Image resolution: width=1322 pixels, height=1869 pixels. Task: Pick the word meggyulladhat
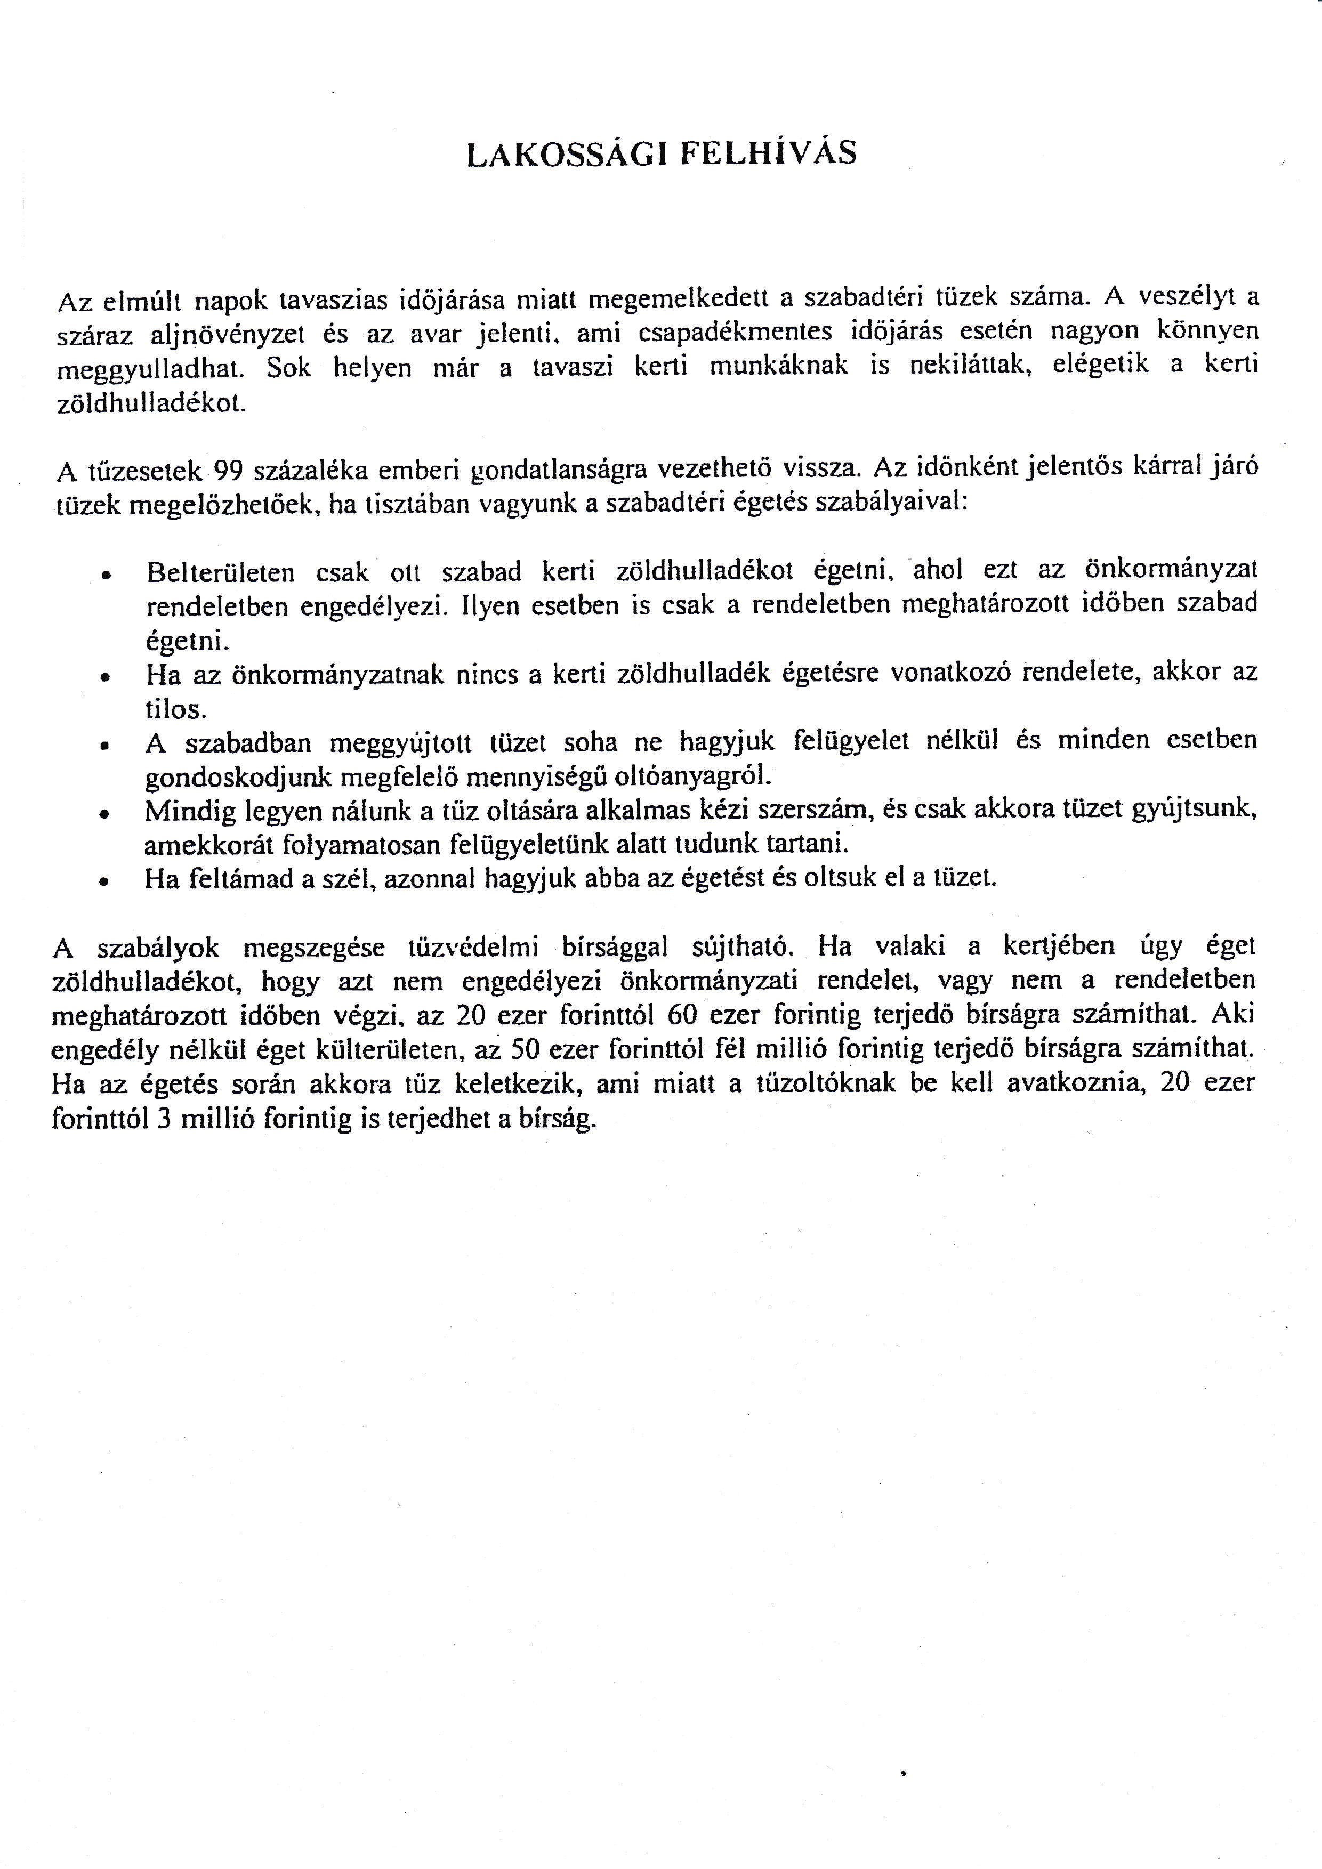tap(151, 370)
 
